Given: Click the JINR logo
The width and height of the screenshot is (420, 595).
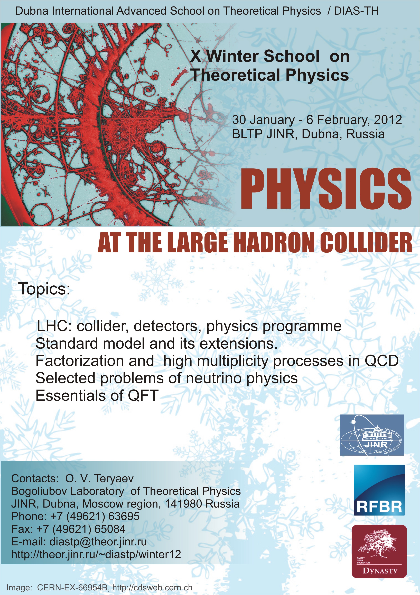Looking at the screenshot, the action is click(x=372, y=435).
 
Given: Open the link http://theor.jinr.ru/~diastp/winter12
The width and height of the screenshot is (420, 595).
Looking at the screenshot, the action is click(x=96, y=554).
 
